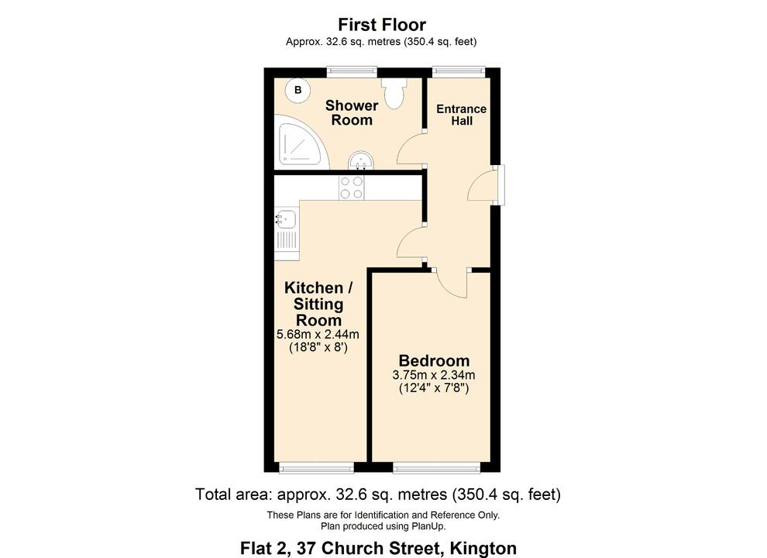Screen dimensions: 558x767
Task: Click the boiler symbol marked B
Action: click(298, 90)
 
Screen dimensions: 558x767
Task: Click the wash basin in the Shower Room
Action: click(359, 160)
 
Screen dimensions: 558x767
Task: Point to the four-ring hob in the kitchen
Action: click(352, 188)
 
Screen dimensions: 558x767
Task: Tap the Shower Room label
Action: click(352, 112)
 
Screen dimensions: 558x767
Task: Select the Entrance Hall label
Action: click(462, 115)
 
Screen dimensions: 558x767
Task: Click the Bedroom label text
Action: click(434, 360)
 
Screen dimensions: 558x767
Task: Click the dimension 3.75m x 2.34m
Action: click(434, 375)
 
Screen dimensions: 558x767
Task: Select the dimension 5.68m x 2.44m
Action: click(318, 335)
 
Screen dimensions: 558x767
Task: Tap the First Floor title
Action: click(382, 25)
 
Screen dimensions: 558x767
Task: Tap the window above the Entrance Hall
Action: click(459, 71)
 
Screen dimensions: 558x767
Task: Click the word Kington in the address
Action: click(480, 547)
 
